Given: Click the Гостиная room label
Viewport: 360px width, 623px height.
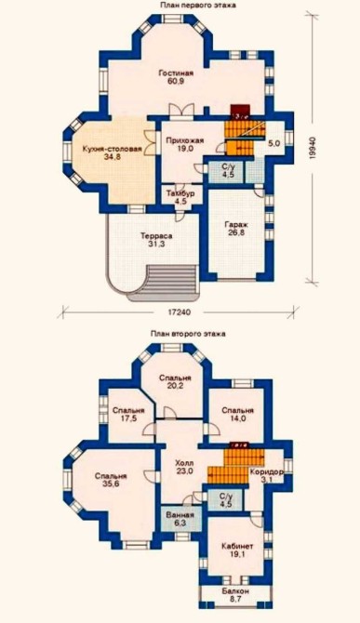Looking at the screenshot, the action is tap(176, 73).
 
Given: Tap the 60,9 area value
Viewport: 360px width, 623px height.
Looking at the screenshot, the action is tap(176, 81).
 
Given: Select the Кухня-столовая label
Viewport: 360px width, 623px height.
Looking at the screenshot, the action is tap(112, 149).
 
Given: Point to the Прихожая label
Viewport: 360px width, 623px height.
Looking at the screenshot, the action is tap(185, 140).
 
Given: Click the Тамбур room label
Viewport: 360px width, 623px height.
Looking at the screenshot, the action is tap(180, 193).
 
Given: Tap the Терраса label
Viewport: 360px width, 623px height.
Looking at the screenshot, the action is tap(156, 236).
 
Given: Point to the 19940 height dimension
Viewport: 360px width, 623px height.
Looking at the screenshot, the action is tap(313, 148).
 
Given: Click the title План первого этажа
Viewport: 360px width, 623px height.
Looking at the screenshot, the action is tap(198, 6).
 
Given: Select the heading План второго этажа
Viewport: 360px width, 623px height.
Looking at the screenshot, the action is tap(188, 334).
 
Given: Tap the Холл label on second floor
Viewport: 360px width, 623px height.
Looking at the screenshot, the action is tap(184, 463).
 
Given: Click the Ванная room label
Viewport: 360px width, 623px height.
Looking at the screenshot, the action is tap(180, 515).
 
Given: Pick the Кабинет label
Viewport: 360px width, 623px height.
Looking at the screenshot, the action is tap(237, 546).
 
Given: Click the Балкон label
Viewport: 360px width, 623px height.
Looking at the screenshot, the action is tap(235, 591).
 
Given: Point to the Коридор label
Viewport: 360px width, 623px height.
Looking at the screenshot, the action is tap(266, 472).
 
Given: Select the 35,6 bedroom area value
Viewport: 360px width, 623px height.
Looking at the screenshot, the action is tap(111, 484).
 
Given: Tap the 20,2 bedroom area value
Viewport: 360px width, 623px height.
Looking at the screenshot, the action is tap(175, 385).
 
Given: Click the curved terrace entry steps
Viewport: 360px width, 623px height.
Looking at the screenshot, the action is tap(162, 284).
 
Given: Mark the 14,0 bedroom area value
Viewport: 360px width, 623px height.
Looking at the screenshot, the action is tap(237, 418).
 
